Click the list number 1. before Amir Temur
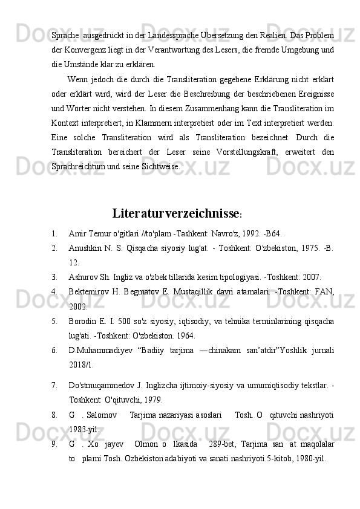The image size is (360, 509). coord(54,234)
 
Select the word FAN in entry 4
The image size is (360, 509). coord(322,293)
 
